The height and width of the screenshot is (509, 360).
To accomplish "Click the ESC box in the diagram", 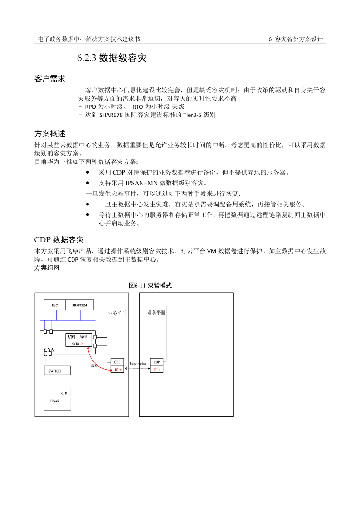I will tap(54, 305).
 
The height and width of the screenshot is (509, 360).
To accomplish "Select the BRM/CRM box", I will tap(79, 305).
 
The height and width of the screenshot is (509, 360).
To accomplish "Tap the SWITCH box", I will tap(58, 371).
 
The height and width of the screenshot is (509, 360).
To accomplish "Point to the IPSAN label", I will tap(55, 401).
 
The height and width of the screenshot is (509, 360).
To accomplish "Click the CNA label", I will tap(49, 349).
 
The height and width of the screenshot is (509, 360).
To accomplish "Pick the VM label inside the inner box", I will tap(71, 338).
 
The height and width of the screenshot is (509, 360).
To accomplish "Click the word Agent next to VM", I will tap(83, 336).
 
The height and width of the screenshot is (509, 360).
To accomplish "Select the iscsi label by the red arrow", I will tap(94, 365).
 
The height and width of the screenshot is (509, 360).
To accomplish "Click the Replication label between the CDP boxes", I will tap(138, 364).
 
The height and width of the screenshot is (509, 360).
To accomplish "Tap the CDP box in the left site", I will tap(117, 362).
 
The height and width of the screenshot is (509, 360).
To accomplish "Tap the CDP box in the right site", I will tap(156, 362).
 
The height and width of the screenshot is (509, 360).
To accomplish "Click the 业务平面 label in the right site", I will tap(156, 313).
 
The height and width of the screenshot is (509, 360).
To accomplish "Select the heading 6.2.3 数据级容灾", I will tap(112, 58).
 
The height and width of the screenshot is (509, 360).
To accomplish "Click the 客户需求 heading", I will tap(50, 79).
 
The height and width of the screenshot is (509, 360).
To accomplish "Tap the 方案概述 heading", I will tap(50, 134).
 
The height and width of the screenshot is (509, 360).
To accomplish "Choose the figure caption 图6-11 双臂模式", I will tap(150, 286).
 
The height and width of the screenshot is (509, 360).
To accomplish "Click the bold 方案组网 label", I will tap(47, 268).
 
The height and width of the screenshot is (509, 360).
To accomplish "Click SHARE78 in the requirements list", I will tap(107, 115).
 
